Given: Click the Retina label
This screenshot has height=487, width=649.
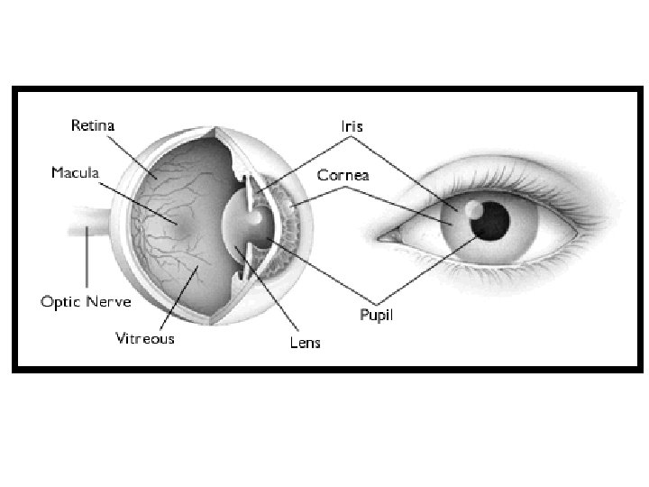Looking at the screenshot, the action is (94, 124).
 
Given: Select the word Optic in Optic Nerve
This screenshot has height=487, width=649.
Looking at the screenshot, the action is (61, 301).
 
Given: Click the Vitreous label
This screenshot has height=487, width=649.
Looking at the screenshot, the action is (144, 339).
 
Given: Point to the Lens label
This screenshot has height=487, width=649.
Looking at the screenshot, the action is (305, 343).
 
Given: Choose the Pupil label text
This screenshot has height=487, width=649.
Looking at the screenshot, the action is (376, 316).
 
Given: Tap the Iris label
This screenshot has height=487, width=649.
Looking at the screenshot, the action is (351, 126).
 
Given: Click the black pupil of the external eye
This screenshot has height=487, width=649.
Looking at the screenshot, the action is (493, 221).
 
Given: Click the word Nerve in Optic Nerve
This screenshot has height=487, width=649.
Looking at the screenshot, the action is (110, 301).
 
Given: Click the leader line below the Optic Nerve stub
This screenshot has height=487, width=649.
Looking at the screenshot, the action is (87, 262).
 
